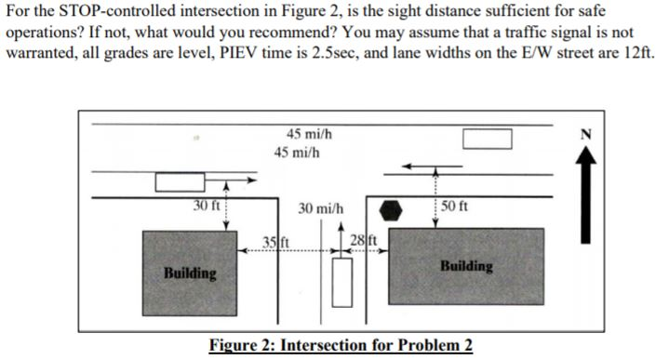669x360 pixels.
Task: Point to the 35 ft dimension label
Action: pos(275,245)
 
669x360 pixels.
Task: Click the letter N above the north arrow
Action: pos(635,131)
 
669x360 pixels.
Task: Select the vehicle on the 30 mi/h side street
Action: pos(344,283)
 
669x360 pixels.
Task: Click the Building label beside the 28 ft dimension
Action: pos(467,266)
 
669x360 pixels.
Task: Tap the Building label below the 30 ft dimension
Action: pos(190,274)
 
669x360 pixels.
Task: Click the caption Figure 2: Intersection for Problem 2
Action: pos(341,346)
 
